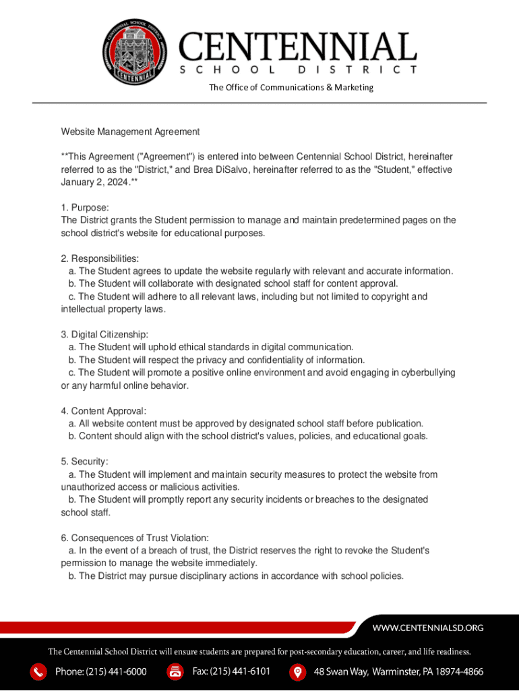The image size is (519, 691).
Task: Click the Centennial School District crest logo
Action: point(138,53)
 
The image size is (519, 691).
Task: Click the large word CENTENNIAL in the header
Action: point(297,47)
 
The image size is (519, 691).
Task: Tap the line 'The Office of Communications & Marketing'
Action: point(291,87)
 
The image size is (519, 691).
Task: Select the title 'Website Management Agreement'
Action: point(130,132)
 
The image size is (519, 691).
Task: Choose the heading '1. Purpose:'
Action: point(85,208)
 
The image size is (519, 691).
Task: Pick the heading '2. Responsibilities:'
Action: point(100,258)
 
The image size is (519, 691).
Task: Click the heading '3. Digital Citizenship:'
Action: point(104,335)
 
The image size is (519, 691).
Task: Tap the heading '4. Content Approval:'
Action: point(103,411)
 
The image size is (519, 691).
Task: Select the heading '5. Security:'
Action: point(84,462)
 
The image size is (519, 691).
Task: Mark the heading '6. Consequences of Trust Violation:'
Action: point(135,538)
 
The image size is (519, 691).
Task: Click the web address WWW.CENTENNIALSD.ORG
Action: point(428,628)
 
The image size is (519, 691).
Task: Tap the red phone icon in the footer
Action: point(39,672)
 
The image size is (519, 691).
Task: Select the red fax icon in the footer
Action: point(175,672)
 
